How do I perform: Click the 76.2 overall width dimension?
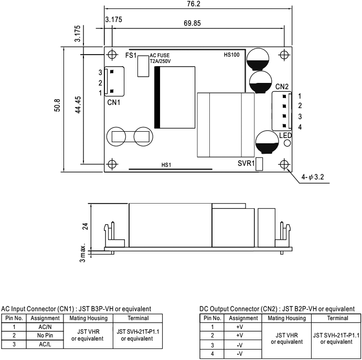195,4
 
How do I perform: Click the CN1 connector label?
114,102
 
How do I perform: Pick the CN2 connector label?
282,86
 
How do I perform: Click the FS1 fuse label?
131,55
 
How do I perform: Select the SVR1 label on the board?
246,164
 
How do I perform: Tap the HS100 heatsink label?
231,55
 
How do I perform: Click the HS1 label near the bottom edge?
166,165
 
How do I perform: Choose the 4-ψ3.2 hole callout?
313,178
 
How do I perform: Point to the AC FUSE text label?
159,55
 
